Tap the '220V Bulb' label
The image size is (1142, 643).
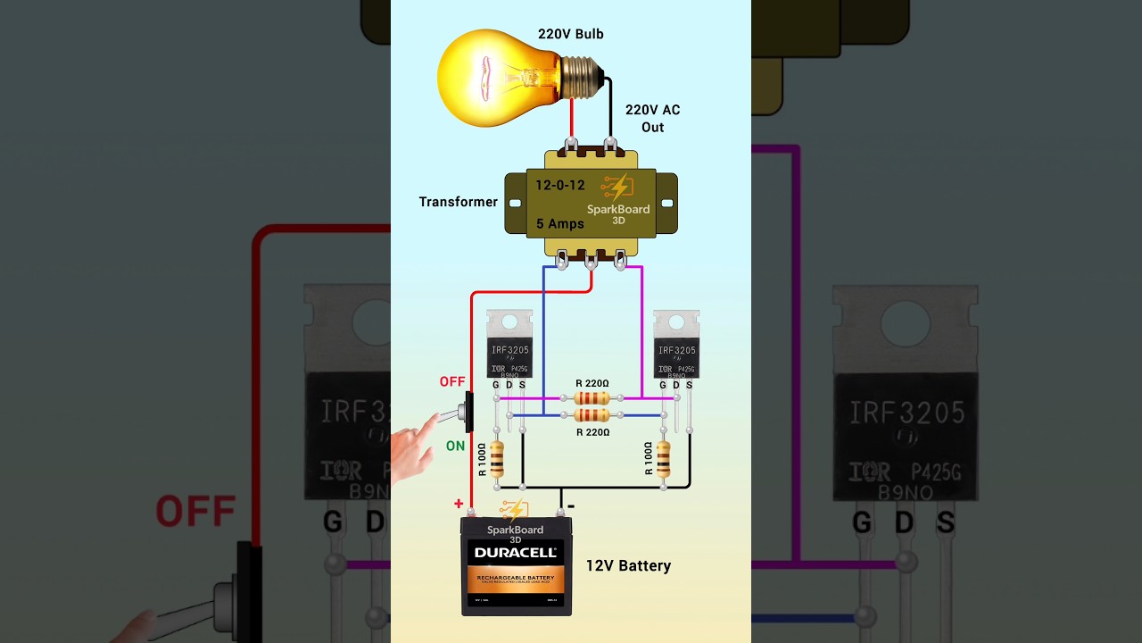tap(570, 34)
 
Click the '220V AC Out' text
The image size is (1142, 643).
tap(652, 118)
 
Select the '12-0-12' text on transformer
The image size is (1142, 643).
tap(559, 186)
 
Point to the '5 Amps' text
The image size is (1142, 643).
tap(559, 224)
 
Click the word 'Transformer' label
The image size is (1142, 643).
tap(458, 202)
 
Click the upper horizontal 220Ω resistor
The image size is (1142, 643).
tap(592, 398)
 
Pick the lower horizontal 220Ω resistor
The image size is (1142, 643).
tap(592, 415)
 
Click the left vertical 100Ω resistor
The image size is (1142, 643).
tap(497, 459)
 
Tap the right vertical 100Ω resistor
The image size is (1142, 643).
tap(663, 459)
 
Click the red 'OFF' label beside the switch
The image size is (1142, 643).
tap(452, 382)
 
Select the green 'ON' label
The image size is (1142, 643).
tap(455, 446)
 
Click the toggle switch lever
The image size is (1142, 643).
tap(451, 416)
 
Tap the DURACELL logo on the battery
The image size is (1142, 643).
tap(516, 553)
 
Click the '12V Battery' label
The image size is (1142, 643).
tap(628, 565)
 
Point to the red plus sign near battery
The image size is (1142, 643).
tap(459, 505)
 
